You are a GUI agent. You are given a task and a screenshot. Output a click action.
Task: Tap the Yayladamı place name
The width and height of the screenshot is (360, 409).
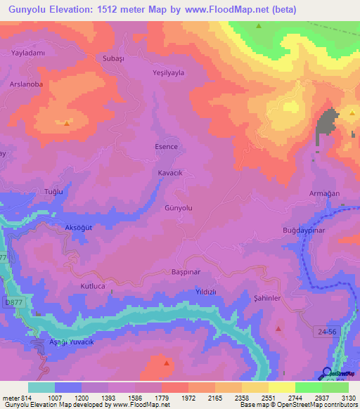point(28,53)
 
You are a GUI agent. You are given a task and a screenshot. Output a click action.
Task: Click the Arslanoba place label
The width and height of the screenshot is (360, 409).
point(25,84)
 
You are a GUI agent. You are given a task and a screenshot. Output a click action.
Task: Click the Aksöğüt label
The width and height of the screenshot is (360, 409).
point(79,229)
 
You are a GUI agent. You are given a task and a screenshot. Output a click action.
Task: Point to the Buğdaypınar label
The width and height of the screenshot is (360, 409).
point(305,230)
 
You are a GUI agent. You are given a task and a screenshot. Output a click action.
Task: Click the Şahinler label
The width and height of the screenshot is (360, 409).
point(267,299)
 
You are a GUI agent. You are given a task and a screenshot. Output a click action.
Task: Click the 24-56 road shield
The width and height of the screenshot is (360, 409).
point(325,330)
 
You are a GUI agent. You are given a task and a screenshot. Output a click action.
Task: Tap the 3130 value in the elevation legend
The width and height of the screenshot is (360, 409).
point(347,398)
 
